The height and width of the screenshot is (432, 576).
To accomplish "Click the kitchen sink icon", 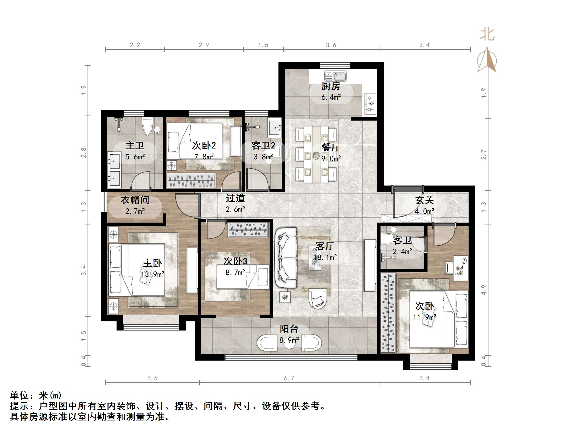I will (335, 76).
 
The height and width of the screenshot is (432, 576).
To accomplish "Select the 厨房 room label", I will (331, 86).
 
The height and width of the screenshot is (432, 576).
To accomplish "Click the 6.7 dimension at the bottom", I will (289, 378).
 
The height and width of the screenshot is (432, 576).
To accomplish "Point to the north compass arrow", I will (487, 60).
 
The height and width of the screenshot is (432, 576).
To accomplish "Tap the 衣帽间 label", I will (135, 200).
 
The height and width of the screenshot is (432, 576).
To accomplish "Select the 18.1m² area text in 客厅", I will (325, 257).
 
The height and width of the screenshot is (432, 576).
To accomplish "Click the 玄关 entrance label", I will (424, 200).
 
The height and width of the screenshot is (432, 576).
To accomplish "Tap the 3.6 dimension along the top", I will (331, 45).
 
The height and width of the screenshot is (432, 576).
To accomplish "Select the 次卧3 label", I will (235, 261).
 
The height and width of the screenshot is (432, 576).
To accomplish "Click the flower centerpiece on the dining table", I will (316, 155).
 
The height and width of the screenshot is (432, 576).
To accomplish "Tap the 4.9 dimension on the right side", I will (484, 290).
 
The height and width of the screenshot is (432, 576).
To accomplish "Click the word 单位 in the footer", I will (20, 395).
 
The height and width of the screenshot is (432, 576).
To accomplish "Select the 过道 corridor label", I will (235, 198).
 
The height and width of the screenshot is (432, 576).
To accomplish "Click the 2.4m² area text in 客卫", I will (402, 252).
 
